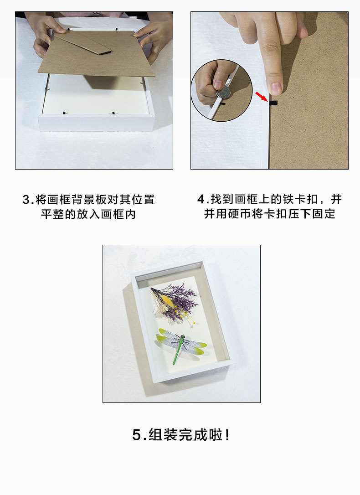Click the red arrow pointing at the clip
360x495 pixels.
[262, 96]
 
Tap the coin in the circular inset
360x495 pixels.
[223, 93]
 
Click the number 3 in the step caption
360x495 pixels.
[26, 200]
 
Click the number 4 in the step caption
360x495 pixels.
[201, 200]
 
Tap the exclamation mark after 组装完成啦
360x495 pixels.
[227, 435]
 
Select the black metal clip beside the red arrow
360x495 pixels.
[273, 103]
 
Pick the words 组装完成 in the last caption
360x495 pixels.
[178, 435]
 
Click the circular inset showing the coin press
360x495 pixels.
[222, 90]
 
